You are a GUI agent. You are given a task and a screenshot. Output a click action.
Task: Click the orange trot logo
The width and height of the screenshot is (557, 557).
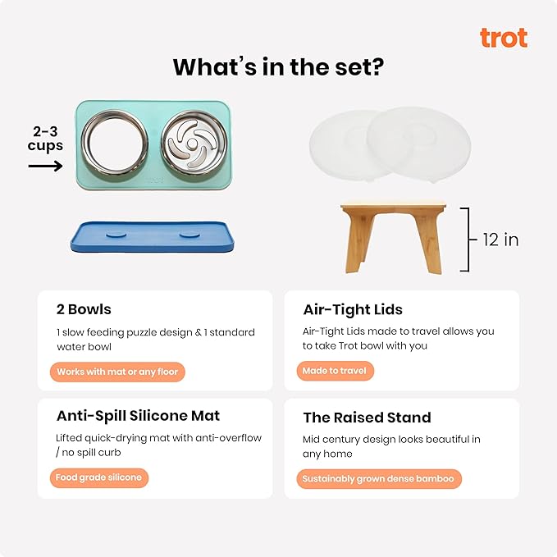(x=503, y=38)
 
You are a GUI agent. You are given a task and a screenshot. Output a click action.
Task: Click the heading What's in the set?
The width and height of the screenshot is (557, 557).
(x=278, y=66)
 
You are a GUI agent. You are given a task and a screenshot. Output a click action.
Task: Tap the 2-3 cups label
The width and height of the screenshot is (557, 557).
(x=45, y=139)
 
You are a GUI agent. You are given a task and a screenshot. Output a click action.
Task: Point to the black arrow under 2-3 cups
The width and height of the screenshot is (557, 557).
(x=45, y=166)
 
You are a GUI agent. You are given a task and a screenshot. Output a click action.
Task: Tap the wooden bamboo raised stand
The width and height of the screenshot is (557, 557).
(x=398, y=238)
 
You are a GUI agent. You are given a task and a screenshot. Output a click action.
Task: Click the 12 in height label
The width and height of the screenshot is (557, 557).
(x=500, y=240)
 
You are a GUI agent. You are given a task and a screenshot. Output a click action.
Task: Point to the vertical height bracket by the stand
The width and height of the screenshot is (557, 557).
(x=467, y=239)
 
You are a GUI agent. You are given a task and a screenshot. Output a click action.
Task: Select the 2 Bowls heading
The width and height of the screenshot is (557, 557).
(x=84, y=309)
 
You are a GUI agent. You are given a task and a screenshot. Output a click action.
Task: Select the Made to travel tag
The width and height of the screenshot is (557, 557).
(x=335, y=371)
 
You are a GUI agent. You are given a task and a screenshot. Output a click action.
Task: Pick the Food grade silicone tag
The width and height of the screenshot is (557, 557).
(x=99, y=477)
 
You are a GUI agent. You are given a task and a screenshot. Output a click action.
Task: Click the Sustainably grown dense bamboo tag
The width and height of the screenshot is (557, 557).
(x=378, y=478)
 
